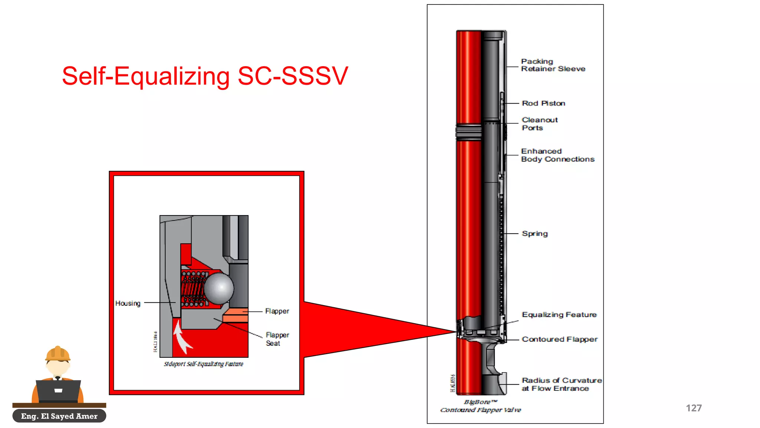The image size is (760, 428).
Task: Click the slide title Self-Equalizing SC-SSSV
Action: click(x=205, y=76)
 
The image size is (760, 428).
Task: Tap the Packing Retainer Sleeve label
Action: click(x=553, y=65)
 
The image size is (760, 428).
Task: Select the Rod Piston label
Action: click(x=543, y=103)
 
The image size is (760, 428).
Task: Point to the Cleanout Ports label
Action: click(x=539, y=124)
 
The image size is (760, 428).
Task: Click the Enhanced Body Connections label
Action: click(x=557, y=155)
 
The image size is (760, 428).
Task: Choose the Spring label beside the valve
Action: click(x=534, y=234)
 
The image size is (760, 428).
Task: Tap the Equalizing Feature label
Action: click(x=559, y=315)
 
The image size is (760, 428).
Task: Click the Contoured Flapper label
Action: click(x=559, y=339)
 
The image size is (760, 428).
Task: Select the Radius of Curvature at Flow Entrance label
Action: click(x=561, y=384)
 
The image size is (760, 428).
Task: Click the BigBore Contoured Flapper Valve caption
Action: click(x=481, y=406)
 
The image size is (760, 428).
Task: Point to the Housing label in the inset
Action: click(x=128, y=304)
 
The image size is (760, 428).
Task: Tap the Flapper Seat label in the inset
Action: click(x=277, y=339)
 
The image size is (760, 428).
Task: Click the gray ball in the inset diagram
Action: click(x=219, y=288)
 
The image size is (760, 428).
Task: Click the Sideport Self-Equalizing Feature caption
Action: click(x=203, y=364)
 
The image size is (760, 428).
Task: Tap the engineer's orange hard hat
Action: click(x=58, y=354)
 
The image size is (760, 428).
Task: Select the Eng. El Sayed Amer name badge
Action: click(x=59, y=416)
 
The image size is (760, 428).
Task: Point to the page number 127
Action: click(x=694, y=408)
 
